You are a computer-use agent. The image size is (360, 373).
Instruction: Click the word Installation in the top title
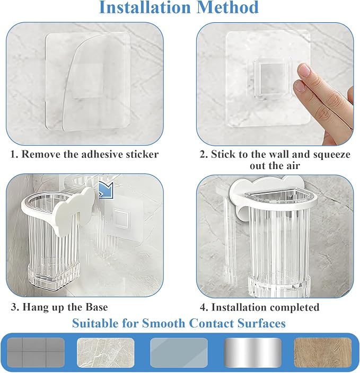coord(145,7)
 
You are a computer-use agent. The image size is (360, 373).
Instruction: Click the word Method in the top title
coord(228,7)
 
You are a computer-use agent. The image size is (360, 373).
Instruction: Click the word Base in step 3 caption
coord(97,307)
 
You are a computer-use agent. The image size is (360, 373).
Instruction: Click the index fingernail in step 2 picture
coord(304,70)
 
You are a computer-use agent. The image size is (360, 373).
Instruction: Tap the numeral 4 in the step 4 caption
coord(203,307)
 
